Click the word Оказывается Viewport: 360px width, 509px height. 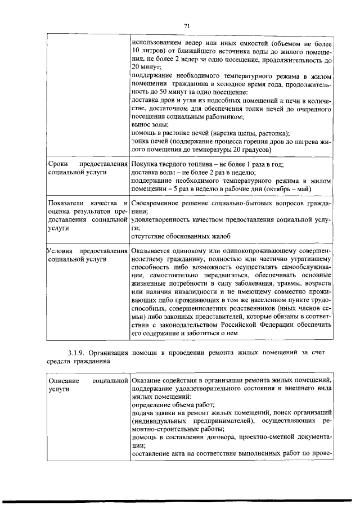pos(154,250)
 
